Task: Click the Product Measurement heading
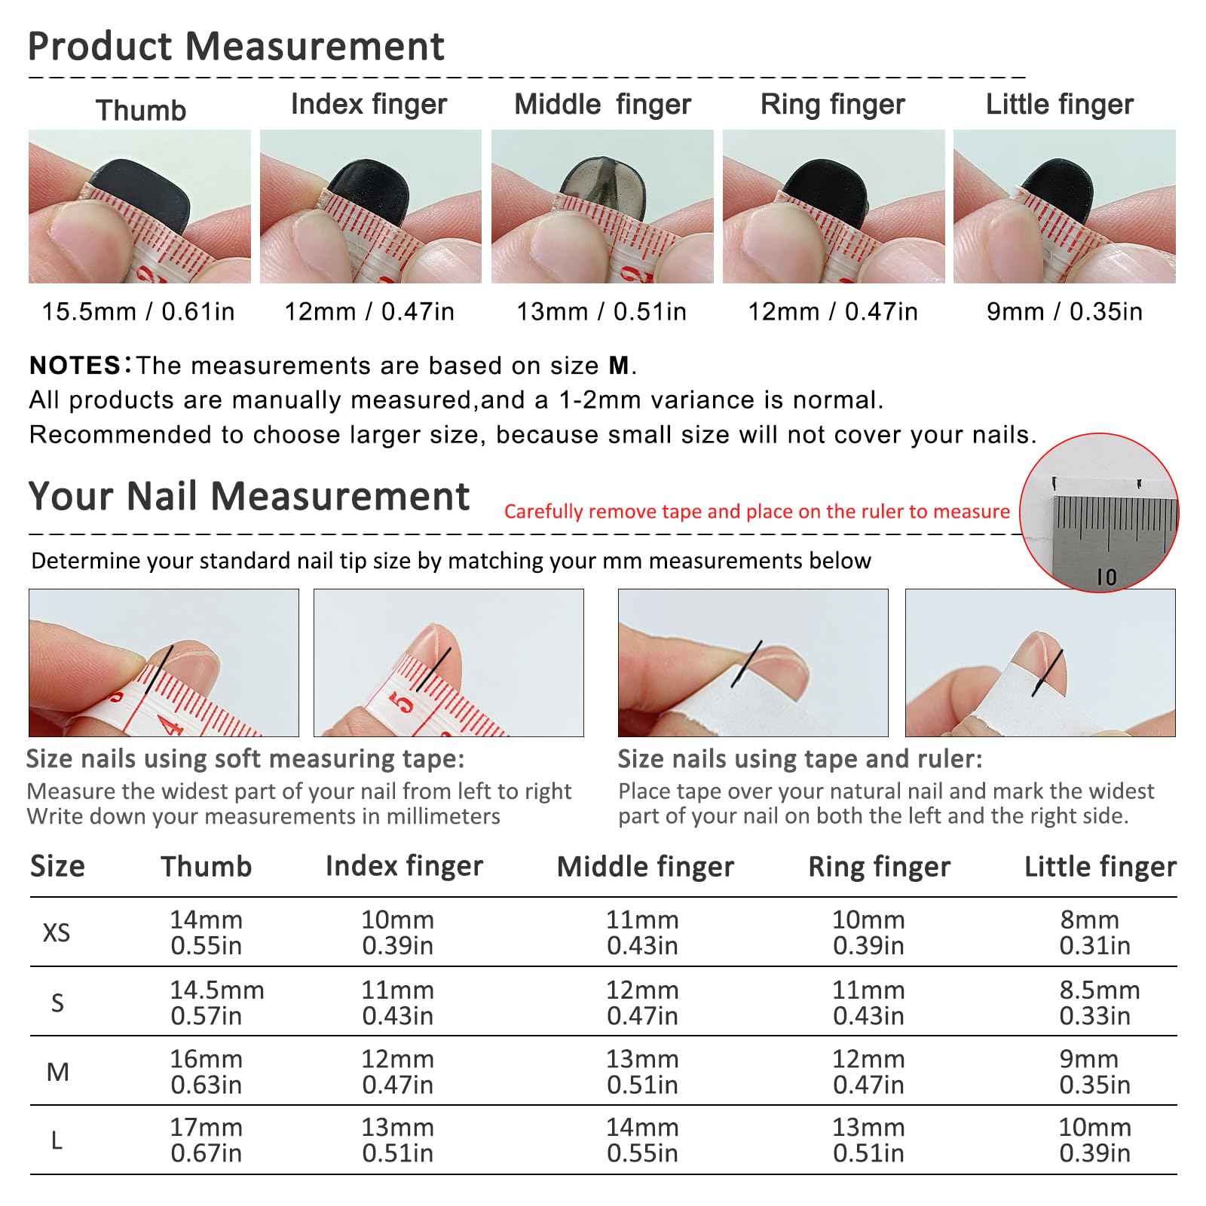(236, 46)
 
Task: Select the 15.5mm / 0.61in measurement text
(138, 311)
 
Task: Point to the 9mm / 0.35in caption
(1064, 311)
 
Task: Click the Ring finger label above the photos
(832, 104)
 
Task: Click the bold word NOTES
(75, 366)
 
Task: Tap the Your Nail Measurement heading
(249, 496)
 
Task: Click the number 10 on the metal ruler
(1107, 577)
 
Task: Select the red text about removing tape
(757, 511)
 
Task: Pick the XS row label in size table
(57, 932)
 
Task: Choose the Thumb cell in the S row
(216, 1002)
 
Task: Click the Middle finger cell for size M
(642, 1071)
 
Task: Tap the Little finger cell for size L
(1094, 1140)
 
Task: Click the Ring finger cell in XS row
(868, 932)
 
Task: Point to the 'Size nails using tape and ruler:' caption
(800, 758)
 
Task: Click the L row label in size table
(57, 1140)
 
